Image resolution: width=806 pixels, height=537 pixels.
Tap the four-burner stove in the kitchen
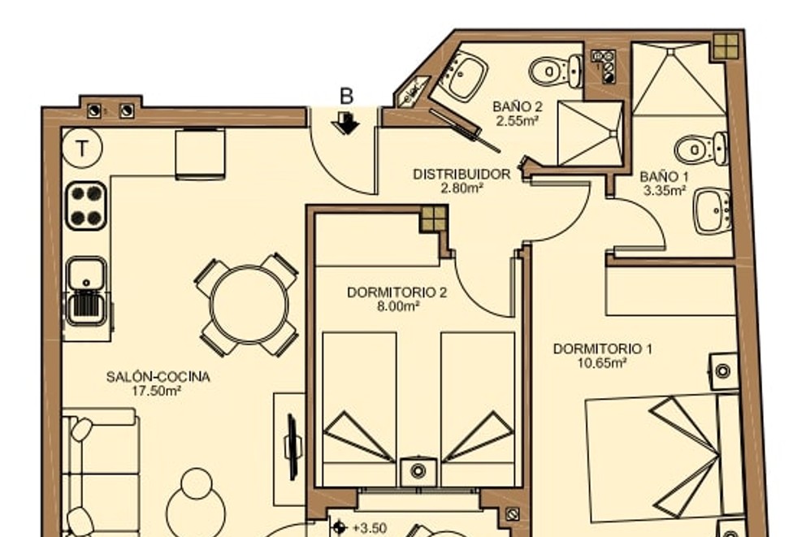[x=86, y=206]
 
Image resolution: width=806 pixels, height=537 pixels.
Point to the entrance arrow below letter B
[x=347, y=123]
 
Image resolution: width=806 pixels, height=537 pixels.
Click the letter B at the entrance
[x=347, y=96]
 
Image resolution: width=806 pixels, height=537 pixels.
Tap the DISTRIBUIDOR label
[x=461, y=175]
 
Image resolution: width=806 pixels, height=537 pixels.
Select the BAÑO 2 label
[x=518, y=106]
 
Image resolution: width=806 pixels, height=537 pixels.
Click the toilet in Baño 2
[x=554, y=71]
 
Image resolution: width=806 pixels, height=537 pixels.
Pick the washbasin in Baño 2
[x=464, y=75]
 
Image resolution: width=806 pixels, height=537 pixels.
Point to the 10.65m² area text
[x=602, y=362]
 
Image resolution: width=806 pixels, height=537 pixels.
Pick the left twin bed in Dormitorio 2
[x=359, y=406]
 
